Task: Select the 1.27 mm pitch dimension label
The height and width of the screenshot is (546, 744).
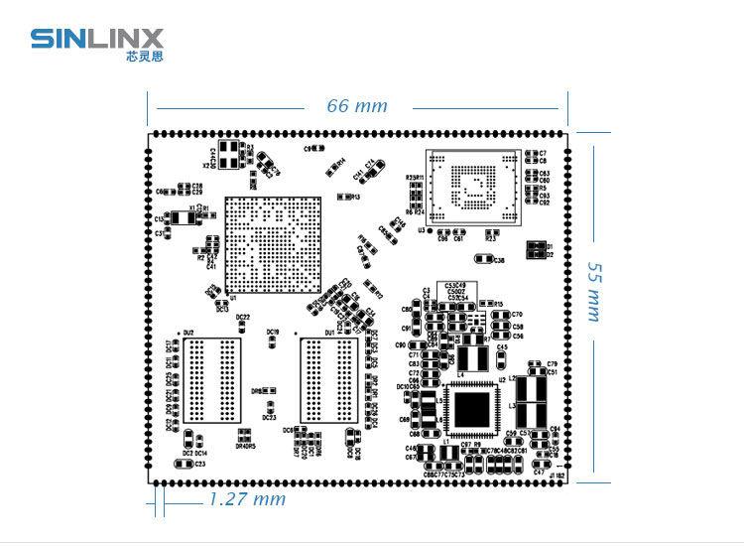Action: [x=246, y=499]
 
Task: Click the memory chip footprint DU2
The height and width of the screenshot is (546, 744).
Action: [x=210, y=379]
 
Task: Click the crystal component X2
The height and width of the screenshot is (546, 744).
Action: [x=230, y=154]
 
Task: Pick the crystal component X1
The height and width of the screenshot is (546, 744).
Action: [x=183, y=217]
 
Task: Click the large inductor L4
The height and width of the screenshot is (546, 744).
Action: [x=474, y=356]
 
